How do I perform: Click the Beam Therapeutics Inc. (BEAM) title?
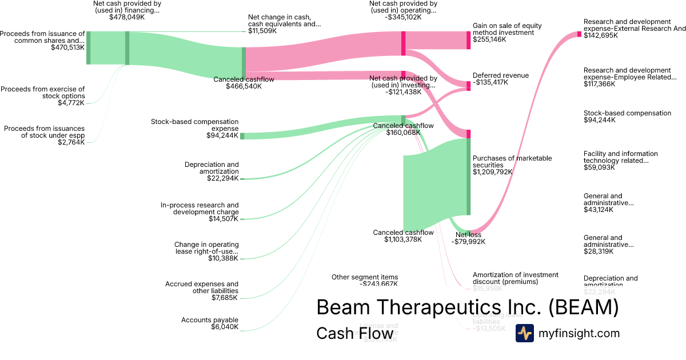[x=468, y=307]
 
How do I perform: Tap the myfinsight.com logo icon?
[x=525, y=333]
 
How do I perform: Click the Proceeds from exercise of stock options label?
[x=43, y=93]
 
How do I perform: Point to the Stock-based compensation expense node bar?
[x=242, y=136]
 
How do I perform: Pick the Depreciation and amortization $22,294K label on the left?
[x=212, y=171]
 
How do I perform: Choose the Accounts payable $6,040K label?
[x=210, y=323]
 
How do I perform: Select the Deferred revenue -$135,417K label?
[x=501, y=79]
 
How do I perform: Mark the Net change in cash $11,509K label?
[x=284, y=24]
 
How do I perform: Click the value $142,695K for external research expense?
[x=601, y=35]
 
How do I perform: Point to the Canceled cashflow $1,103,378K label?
[x=403, y=236]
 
